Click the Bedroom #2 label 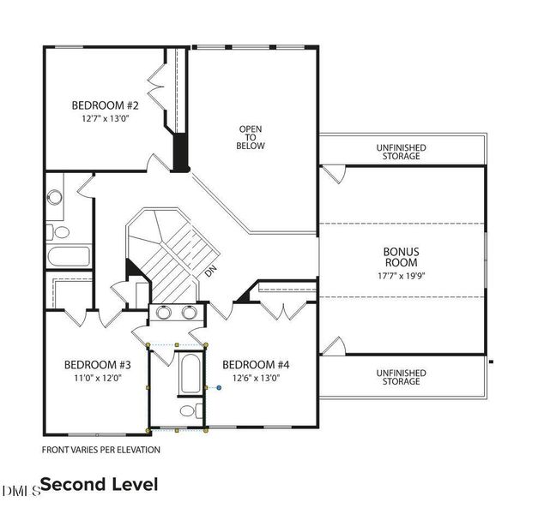coord(105,105)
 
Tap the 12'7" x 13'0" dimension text coord(105,118)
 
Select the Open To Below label coord(251,137)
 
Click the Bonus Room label coord(401,257)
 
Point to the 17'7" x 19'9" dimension coord(401,276)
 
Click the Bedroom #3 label coord(98,365)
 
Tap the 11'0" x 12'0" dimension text coord(98,378)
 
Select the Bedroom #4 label coord(256,365)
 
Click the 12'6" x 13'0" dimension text coord(257,378)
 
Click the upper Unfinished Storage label coord(401,152)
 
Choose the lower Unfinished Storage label coord(401,377)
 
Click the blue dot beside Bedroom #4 coord(219,388)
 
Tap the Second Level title coord(100,485)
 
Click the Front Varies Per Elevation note coord(101,450)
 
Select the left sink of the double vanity coord(164,312)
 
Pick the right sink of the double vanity coord(190,312)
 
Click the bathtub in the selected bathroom coord(190,374)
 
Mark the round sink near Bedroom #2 coord(55,197)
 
